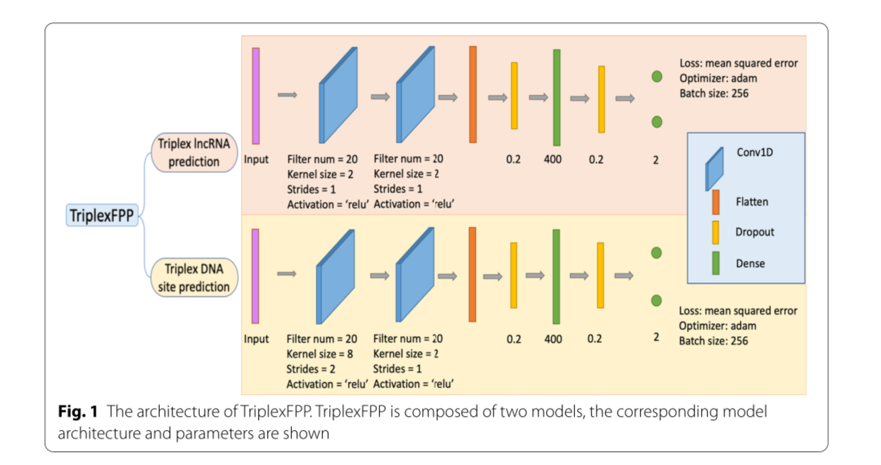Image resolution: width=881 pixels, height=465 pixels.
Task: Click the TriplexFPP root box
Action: coord(102,215)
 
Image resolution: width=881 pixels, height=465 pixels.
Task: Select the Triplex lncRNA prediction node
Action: coord(194,153)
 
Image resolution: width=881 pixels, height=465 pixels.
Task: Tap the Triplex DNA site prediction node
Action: coord(194,277)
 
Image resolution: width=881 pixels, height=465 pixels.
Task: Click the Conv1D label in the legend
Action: coord(754,152)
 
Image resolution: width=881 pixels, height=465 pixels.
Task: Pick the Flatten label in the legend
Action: coord(752,202)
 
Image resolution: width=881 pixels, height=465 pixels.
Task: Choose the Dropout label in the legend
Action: coord(754,232)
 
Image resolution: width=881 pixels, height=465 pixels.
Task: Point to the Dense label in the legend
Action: coord(750,263)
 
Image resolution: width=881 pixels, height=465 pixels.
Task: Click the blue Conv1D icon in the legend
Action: coord(714,169)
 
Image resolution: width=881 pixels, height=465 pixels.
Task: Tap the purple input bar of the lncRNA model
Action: coord(256,96)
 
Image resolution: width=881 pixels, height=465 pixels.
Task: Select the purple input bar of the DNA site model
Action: coord(255,276)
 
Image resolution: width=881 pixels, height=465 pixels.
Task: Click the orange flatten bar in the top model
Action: coord(473,95)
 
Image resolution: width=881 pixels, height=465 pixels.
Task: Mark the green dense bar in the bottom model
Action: coord(556,276)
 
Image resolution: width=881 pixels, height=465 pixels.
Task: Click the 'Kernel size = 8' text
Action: coord(320,354)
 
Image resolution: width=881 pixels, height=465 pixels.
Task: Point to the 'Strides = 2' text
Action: coord(311,369)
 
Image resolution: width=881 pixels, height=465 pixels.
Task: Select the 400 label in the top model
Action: coord(553,159)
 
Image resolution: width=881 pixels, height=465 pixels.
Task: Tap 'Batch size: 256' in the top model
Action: coord(714,94)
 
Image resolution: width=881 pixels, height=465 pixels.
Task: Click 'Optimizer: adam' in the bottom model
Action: coord(717,326)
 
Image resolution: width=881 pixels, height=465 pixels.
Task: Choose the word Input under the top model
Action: coord(256,159)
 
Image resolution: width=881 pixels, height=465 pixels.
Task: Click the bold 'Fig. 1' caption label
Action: coord(77,412)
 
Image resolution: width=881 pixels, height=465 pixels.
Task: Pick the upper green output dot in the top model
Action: coord(657,77)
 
